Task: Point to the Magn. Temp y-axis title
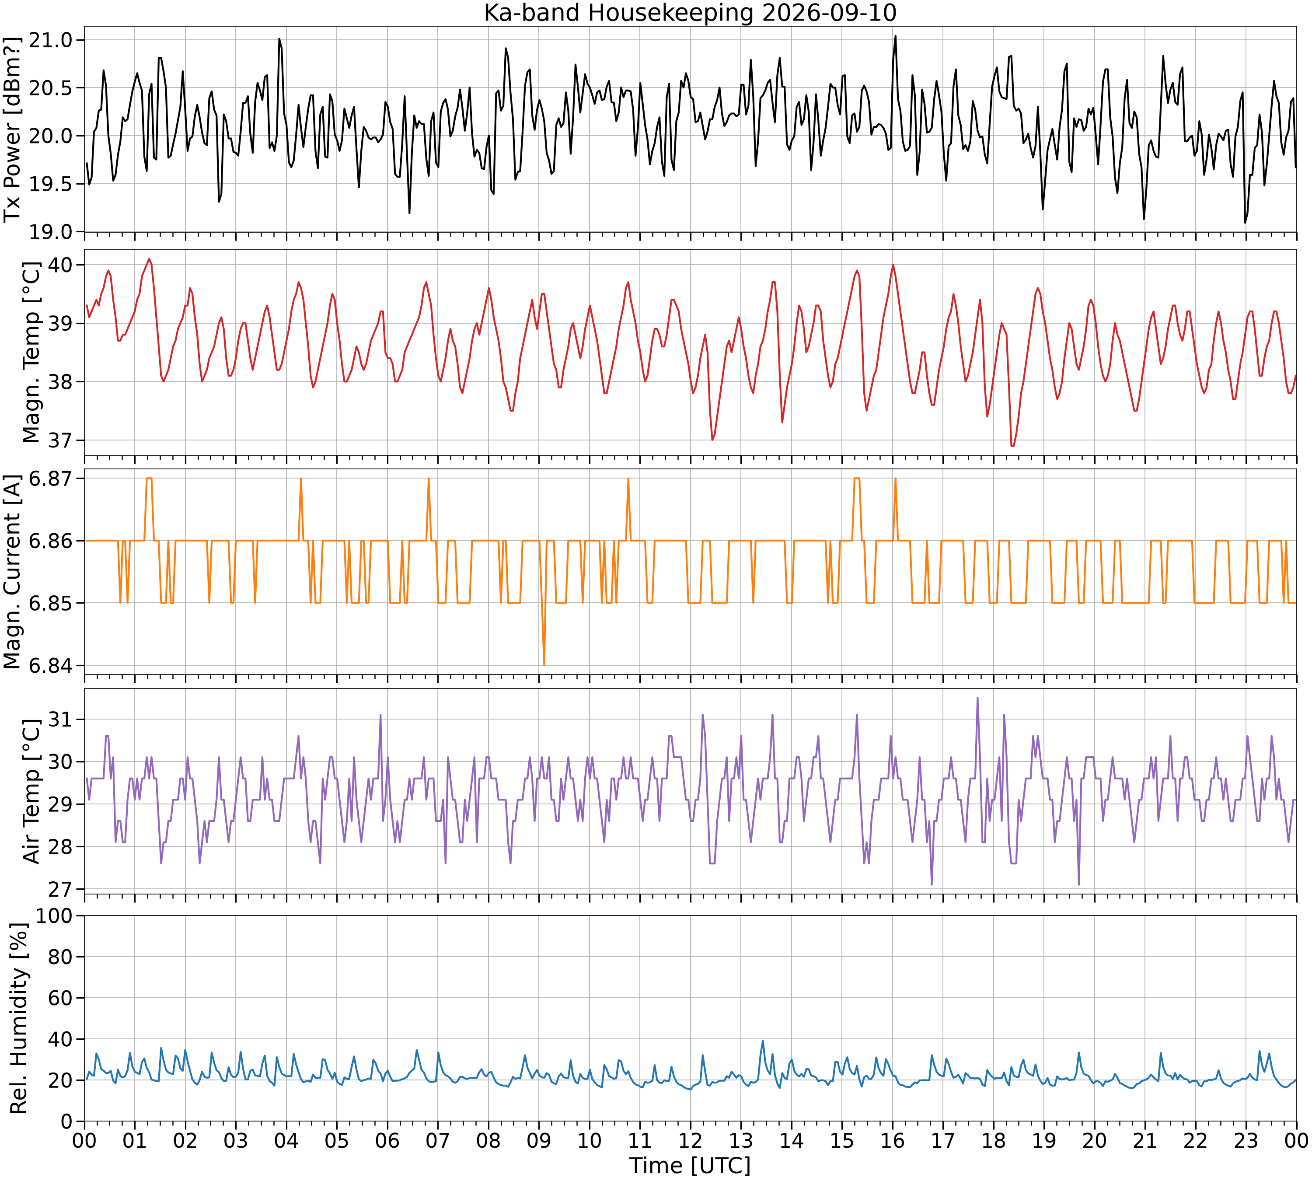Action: coord(31,353)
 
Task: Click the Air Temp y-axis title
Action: coord(31,791)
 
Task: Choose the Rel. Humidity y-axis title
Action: coord(18,1018)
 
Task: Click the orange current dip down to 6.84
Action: coord(544,664)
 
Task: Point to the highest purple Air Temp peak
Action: coord(977,698)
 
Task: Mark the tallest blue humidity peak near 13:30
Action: coord(762,1041)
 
